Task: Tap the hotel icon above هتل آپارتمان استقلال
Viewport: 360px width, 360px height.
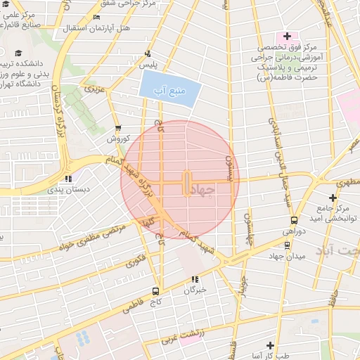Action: click(96, 17)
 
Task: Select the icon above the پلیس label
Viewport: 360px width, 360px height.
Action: click(148, 53)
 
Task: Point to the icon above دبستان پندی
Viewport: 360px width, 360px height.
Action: click(67, 179)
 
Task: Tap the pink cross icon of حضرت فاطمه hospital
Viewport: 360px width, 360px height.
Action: click(288, 36)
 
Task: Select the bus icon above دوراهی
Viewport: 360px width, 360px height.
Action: click(295, 219)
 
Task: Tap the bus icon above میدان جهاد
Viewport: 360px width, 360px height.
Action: click(287, 245)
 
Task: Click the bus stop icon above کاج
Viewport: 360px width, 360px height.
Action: click(156, 291)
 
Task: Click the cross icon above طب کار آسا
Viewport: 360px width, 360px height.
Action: click(270, 345)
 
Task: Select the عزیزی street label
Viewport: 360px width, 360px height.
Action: click(94, 89)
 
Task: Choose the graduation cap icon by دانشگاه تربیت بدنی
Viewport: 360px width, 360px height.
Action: click(18, 53)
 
